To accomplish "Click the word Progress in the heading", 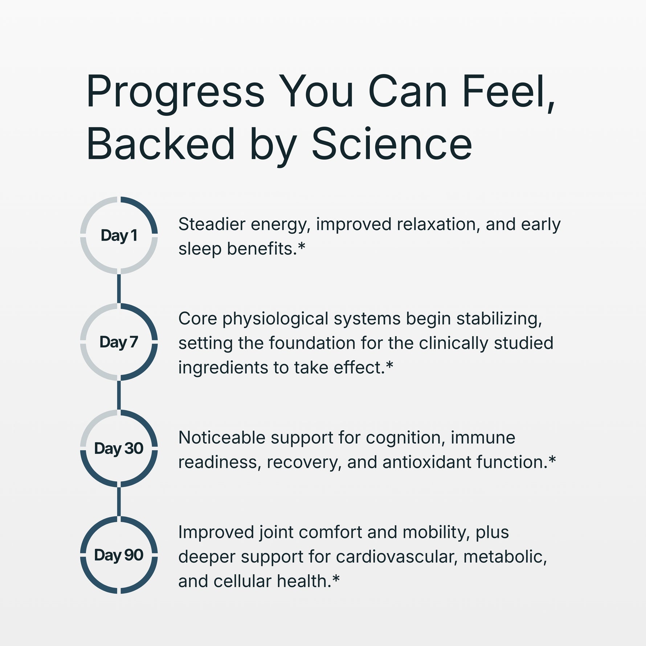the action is [x=175, y=94].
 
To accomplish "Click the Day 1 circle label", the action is [x=119, y=236].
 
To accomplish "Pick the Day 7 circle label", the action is [x=119, y=342].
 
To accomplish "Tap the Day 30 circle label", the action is [x=119, y=449].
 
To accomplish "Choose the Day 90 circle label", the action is [x=119, y=555].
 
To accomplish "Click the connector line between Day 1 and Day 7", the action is [x=119, y=289].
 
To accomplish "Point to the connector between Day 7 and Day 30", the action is [x=119, y=395].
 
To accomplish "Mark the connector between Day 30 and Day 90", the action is [x=119, y=502].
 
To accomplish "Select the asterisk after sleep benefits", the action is [x=302, y=247].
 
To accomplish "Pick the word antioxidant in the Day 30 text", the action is [x=427, y=462].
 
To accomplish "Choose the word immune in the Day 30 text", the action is [x=483, y=438].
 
